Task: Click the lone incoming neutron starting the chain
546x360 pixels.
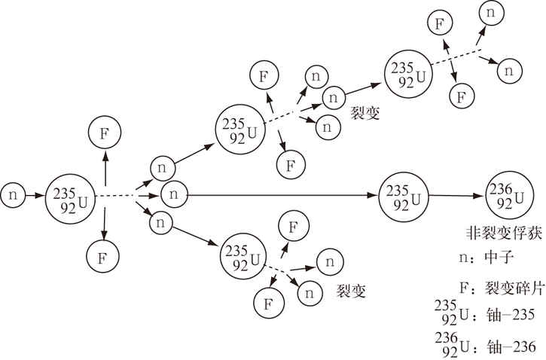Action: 14,195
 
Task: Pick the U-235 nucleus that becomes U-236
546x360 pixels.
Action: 400,196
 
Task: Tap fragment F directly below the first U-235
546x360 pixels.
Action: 104,255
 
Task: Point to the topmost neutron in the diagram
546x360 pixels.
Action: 491,13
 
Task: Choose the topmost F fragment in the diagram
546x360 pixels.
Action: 436,23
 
